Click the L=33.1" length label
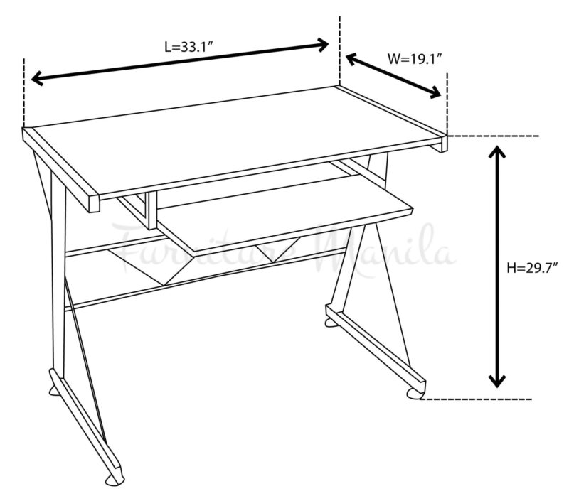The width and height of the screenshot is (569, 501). point(188,47)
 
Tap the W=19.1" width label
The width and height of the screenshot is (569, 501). point(415,58)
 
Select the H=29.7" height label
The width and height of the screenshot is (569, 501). point(531,268)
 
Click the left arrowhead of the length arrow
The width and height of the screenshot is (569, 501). point(37,78)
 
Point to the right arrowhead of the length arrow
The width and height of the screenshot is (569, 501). point(323,45)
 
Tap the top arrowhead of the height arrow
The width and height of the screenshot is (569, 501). point(496,151)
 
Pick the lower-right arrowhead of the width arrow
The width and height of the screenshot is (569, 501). point(435,93)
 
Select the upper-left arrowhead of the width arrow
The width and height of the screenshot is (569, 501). point(352,58)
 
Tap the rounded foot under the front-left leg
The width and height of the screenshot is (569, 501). point(115,480)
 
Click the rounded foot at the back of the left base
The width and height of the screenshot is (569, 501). point(54,390)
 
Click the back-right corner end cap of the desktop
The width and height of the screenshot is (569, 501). point(444,144)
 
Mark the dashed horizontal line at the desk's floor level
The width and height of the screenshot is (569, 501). point(476,399)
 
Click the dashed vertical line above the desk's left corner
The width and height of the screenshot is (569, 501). point(24,93)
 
